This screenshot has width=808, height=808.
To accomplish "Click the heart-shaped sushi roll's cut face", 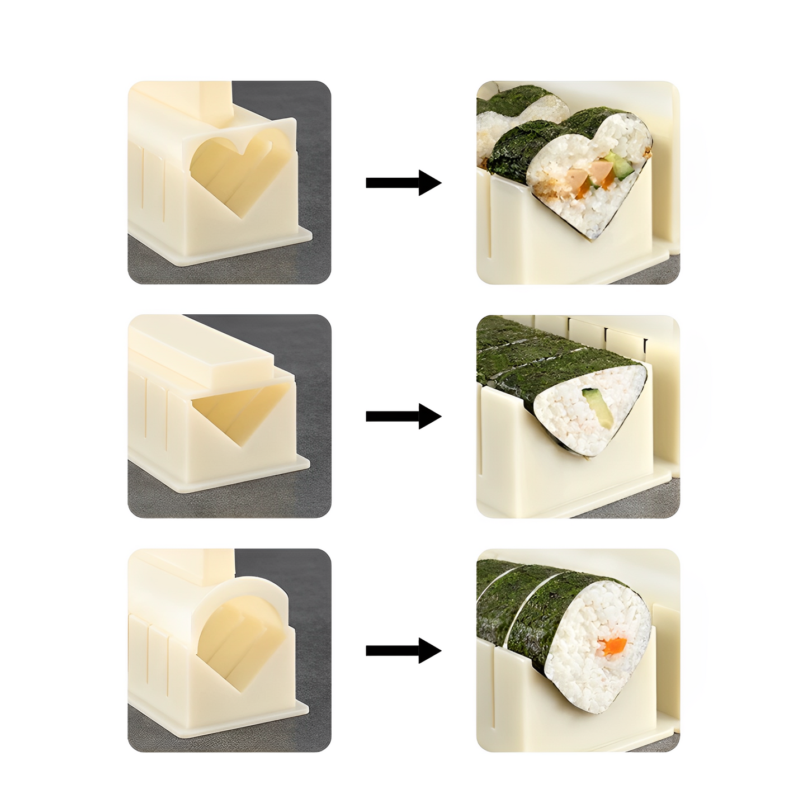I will pos(587,179).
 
